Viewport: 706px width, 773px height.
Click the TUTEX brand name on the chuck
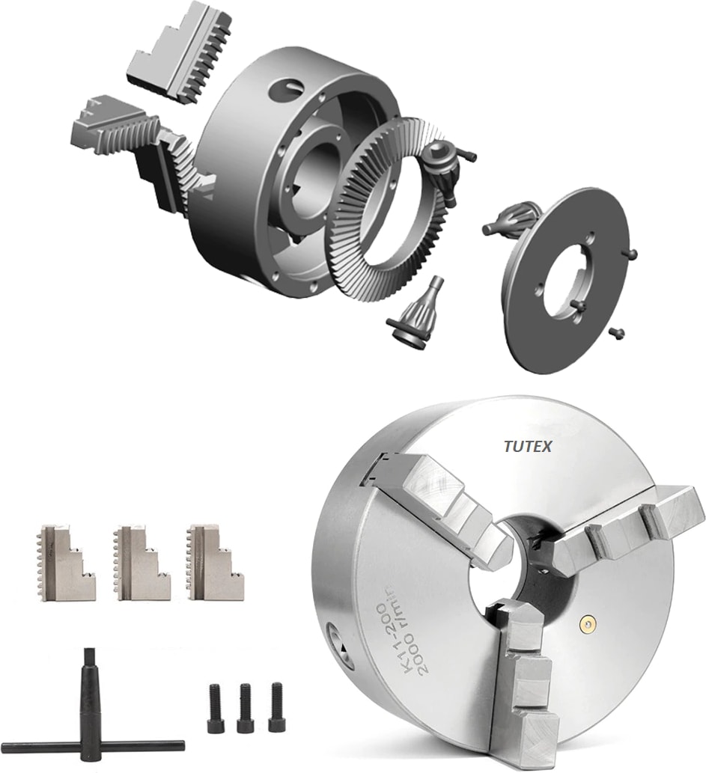(527, 447)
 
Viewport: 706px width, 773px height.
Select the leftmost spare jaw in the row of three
(67, 561)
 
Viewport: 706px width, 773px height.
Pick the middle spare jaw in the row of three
(141, 561)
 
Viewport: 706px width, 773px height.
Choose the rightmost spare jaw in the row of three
(215, 561)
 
